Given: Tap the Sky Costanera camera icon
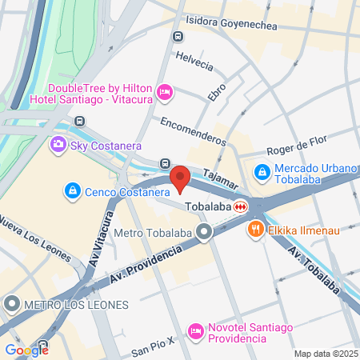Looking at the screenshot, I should (x=58, y=145).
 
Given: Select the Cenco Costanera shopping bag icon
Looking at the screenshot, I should (x=72, y=191).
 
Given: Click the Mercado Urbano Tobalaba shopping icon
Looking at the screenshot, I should (x=262, y=171).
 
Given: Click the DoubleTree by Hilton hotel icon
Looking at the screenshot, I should (x=164, y=93).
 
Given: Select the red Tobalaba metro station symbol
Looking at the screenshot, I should (x=239, y=206).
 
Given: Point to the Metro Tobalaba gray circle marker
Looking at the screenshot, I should (x=204, y=234).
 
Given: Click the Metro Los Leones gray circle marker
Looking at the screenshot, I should (x=12, y=304).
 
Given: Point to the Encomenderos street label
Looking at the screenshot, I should (x=193, y=130).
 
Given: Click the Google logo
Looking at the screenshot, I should (x=26, y=350).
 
